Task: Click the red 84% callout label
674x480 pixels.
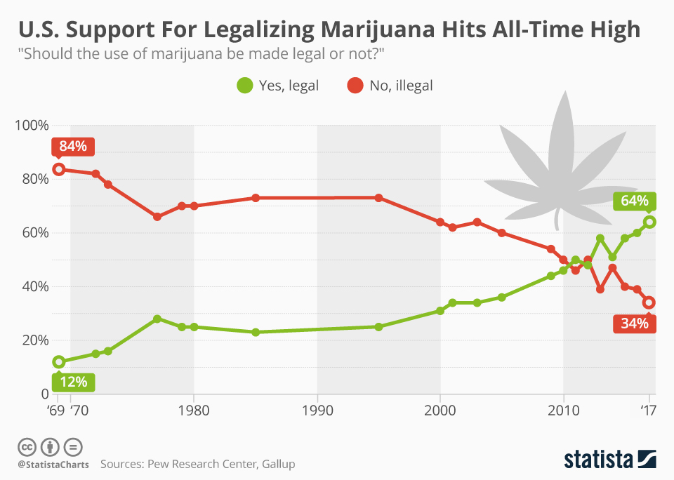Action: click(72, 147)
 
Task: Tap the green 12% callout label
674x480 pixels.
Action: click(72, 382)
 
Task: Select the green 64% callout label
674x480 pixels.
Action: click(634, 201)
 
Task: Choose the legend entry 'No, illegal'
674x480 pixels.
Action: click(390, 86)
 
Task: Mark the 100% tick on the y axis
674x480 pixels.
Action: click(31, 125)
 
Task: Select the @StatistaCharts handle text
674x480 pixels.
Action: click(53, 464)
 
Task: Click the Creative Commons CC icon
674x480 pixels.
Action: click(27, 447)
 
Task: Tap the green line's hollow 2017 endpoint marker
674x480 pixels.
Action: click(649, 222)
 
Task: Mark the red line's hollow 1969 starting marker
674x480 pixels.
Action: click(59, 169)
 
